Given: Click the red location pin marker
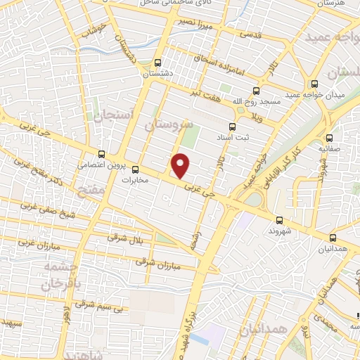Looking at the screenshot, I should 181,166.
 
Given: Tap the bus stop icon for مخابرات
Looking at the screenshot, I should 139,169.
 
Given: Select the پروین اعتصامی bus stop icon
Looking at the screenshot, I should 103,154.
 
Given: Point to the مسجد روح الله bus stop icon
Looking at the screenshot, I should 255,91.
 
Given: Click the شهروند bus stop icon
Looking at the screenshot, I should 280,219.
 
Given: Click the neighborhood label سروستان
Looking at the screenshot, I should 168,124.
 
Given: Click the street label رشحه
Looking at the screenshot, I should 195,240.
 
